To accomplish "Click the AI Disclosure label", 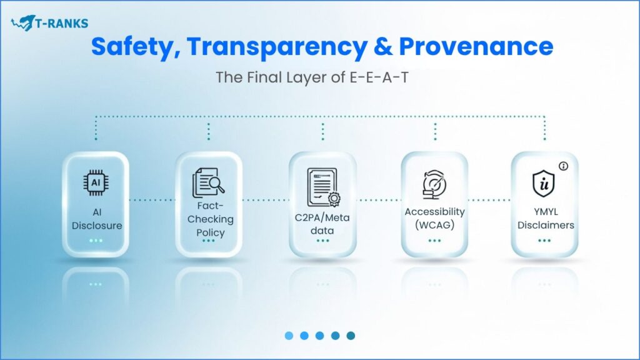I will (96, 219).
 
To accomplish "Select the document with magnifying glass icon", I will (208, 183).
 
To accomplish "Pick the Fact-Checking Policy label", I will (209, 219).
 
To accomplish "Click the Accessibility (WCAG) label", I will (434, 219).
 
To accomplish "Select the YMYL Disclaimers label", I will (545, 219).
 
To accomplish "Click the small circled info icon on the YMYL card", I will (563, 166).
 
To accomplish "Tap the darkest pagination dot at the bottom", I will (351, 336).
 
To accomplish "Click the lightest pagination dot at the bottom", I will (289, 336).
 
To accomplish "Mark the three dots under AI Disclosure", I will (96, 240).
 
